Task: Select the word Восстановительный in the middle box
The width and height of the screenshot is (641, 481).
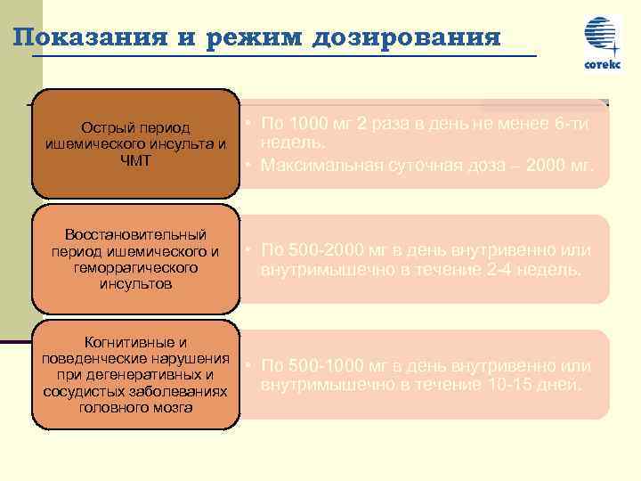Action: click(135, 235)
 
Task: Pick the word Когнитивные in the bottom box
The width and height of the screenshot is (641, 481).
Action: click(135, 342)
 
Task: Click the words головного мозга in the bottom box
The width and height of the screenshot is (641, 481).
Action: click(135, 408)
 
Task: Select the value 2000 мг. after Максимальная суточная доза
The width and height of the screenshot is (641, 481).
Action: click(558, 165)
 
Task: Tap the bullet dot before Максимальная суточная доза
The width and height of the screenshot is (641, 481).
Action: click(252, 165)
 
